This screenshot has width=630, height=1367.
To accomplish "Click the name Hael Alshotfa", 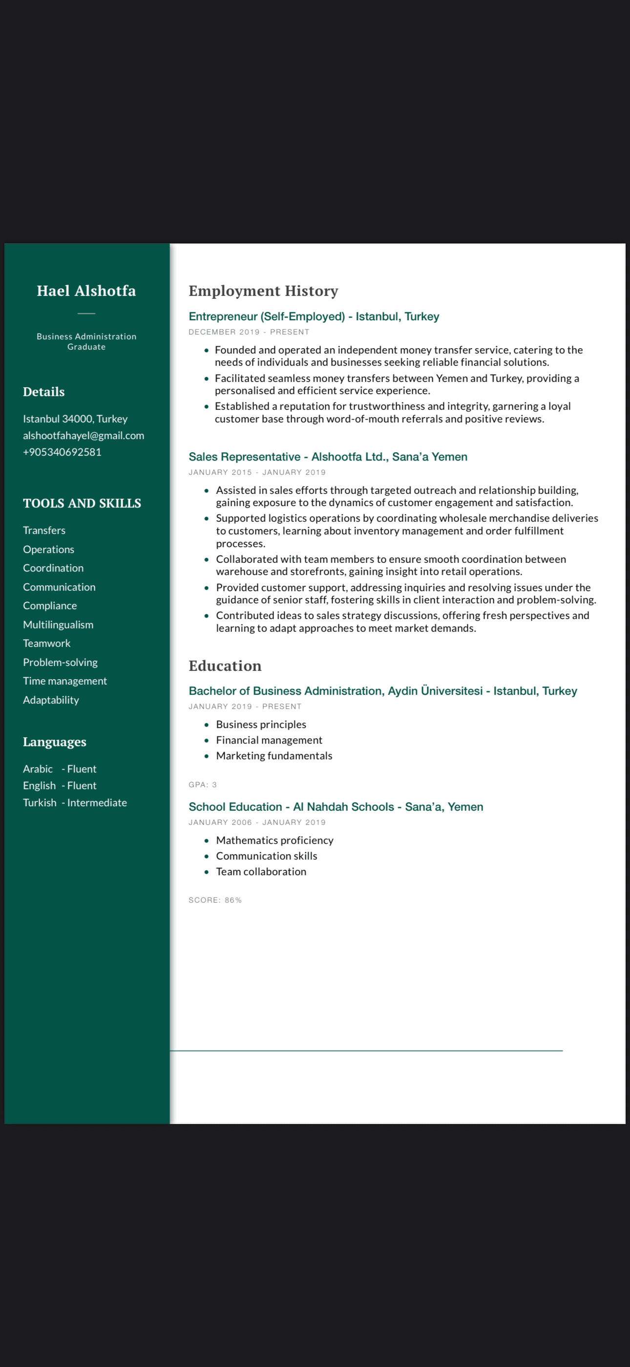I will click(x=86, y=291).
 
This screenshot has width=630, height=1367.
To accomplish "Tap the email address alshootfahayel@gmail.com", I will click(x=83, y=436).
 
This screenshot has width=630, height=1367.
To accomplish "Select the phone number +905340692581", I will click(x=62, y=452).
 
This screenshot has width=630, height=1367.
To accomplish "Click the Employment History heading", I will click(x=263, y=291).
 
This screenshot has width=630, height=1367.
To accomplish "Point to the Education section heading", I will click(x=225, y=666).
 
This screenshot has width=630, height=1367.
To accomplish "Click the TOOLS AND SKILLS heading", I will click(x=82, y=503).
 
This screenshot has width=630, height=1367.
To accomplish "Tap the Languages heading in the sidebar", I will click(x=55, y=742).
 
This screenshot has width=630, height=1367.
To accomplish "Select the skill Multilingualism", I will click(x=58, y=625).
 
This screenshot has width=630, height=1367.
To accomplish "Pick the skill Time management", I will click(x=64, y=681).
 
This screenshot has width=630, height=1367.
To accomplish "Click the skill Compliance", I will click(x=50, y=605).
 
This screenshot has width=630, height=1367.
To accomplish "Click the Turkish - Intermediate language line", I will click(x=75, y=802).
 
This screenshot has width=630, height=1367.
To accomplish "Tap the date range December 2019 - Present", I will click(x=249, y=332).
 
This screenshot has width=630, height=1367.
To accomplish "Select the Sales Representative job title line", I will click(x=328, y=457).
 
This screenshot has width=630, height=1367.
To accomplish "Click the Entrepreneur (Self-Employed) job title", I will click(x=314, y=317).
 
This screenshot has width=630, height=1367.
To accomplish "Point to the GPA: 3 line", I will click(x=203, y=784).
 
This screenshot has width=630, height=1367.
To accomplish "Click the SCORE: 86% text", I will click(x=215, y=900).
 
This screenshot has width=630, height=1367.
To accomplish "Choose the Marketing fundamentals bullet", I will click(x=273, y=756).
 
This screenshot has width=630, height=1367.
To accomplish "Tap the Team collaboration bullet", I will click(x=261, y=871).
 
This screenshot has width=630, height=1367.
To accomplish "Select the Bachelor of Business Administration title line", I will click(x=382, y=691).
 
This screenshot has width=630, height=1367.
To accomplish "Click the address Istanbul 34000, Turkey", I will click(x=75, y=419).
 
